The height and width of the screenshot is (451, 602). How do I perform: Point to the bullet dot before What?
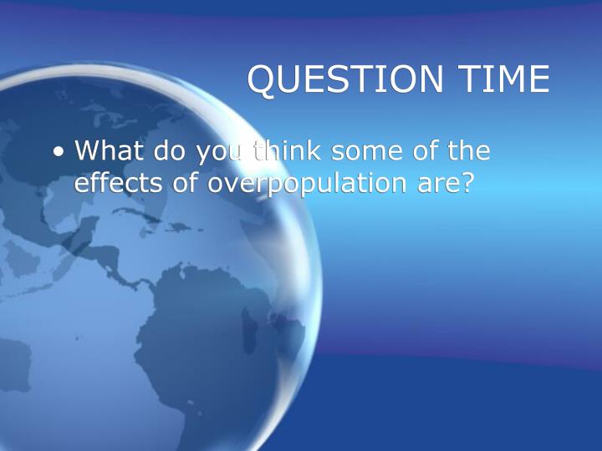(59, 152)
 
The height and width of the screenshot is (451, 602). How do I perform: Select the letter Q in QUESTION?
(263, 80)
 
